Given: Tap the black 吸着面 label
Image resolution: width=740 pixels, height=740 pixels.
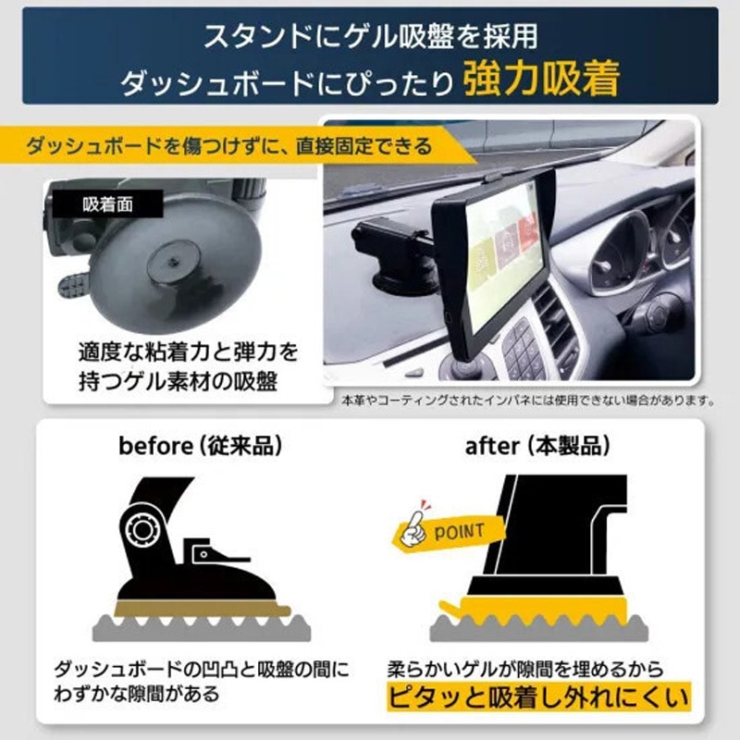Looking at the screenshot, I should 108,204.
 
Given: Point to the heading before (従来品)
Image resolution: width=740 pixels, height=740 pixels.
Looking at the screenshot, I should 200,446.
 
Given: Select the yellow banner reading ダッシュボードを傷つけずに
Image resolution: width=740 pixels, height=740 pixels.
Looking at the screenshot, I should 231,146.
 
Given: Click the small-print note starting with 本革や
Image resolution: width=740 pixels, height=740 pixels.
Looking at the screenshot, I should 527,401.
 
